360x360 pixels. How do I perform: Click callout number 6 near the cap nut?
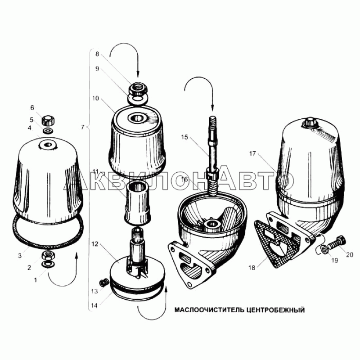[x=32, y=108]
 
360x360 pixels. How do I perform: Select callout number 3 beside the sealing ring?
[x=20, y=256]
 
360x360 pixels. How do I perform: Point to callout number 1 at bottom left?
[x=36, y=280]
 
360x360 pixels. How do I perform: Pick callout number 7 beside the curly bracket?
[x=83, y=127]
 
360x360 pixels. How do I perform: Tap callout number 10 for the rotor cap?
[x=95, y=98]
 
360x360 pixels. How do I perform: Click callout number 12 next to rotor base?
[x=95, y=244]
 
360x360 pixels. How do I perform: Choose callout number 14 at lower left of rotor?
[x=94, y=306]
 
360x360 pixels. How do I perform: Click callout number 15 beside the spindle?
[x=184, y=137]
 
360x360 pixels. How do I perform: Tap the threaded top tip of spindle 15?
[x=212, y=117]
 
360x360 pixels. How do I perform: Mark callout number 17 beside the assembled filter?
[x=252, y=153]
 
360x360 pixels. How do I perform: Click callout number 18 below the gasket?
[x=252, y=268]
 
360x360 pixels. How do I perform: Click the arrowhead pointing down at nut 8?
[x=138, y=74]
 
